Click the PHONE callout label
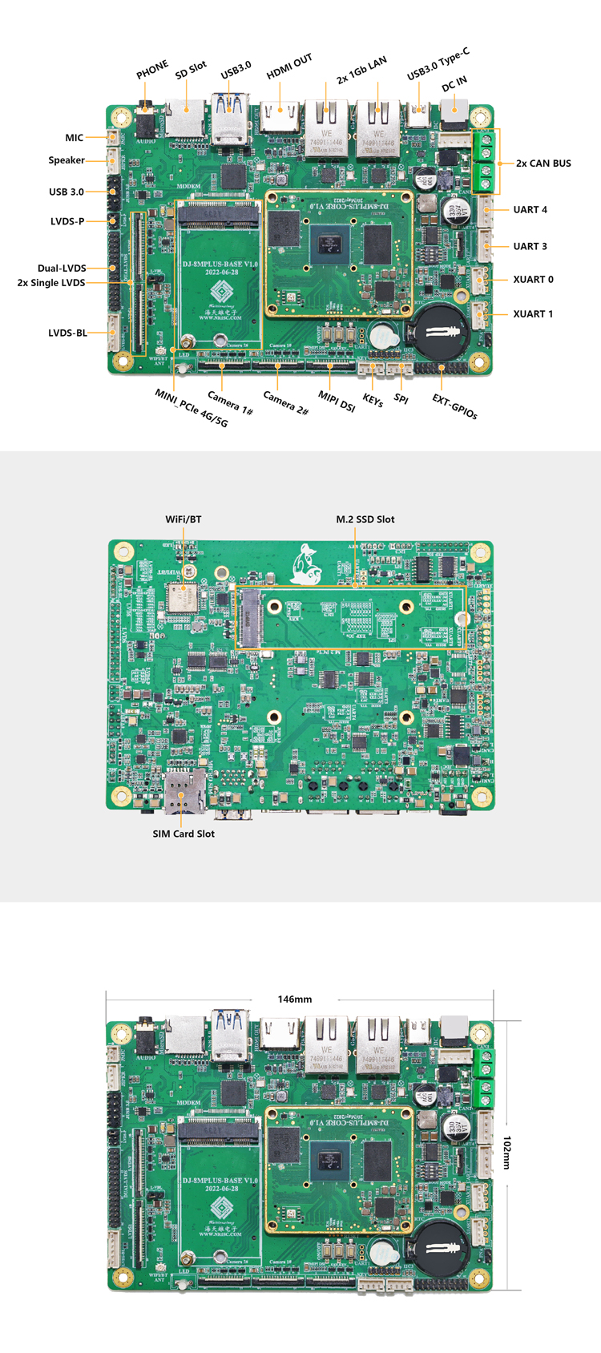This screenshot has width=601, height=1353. tap(152, 70)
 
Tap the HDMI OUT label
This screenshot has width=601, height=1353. tap(289, 67)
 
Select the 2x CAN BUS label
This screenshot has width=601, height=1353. tap(543, 164)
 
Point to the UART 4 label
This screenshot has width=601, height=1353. tap(530, 210)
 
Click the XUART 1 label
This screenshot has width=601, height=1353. tap(533, 314)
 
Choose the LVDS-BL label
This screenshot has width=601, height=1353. tap(67, 333)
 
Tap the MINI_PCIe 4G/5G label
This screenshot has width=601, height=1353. tap(192, 408)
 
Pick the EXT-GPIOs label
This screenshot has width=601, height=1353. tap(454, 407)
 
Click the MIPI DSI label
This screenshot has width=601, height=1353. tap(337, 402)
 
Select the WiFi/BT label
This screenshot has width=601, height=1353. tap(184, 519)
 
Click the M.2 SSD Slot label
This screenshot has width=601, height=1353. tap(365, 519)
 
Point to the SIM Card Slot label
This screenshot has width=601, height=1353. tap(184, 834)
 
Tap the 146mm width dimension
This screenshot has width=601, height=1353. tap(295, 1000)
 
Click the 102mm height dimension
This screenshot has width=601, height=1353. tap(507, 1152)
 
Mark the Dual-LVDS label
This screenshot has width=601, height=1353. tap(62, 269)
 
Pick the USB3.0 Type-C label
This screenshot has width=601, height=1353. tap(438, 64)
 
